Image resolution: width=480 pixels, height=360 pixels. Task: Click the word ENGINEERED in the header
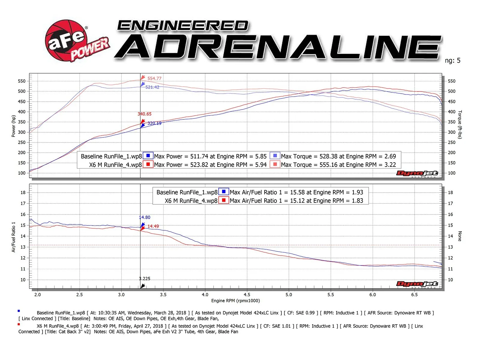point(183,26)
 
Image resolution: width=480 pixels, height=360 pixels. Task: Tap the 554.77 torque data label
point(154,79)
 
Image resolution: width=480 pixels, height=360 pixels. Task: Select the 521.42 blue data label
point(152,87)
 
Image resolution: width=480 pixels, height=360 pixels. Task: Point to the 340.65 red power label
point(145,114)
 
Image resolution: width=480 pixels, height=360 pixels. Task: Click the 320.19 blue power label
point(154,123)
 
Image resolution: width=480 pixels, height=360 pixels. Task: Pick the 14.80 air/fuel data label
point(145,217)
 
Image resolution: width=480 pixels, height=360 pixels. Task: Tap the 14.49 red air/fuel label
point(153,226)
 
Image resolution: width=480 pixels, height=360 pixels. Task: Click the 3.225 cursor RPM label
point(145,279)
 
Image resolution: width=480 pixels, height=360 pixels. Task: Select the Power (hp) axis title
point(13,126)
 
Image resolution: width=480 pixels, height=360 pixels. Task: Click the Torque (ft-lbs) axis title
point(460,124)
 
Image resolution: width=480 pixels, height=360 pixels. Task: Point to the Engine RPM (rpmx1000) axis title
point(235,301)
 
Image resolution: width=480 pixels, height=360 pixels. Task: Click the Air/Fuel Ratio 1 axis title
point(13,237)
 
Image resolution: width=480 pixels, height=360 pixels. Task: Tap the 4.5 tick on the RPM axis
point(247,295)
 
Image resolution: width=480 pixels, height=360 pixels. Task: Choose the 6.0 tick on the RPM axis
point(373,295)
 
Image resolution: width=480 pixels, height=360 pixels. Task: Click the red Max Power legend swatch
point(148,164)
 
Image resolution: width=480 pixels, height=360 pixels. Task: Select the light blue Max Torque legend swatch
point(275,156)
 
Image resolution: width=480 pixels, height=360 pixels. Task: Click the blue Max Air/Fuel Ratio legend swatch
point(223,192)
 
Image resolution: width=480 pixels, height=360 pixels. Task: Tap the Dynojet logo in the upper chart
point(417,173)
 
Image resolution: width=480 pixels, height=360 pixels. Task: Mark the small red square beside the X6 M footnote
point(19,324)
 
